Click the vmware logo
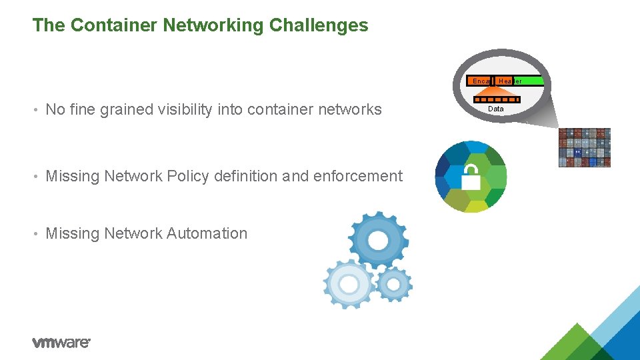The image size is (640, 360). click(61, 342)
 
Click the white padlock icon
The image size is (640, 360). click(471, 177)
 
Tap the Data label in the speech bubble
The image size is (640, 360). click(496, 109)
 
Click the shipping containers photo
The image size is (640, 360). click(584, 147)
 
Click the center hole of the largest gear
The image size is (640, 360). click(378, 241)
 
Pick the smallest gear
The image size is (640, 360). click(394, 285)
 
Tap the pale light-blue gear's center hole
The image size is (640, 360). click(349, 284)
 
